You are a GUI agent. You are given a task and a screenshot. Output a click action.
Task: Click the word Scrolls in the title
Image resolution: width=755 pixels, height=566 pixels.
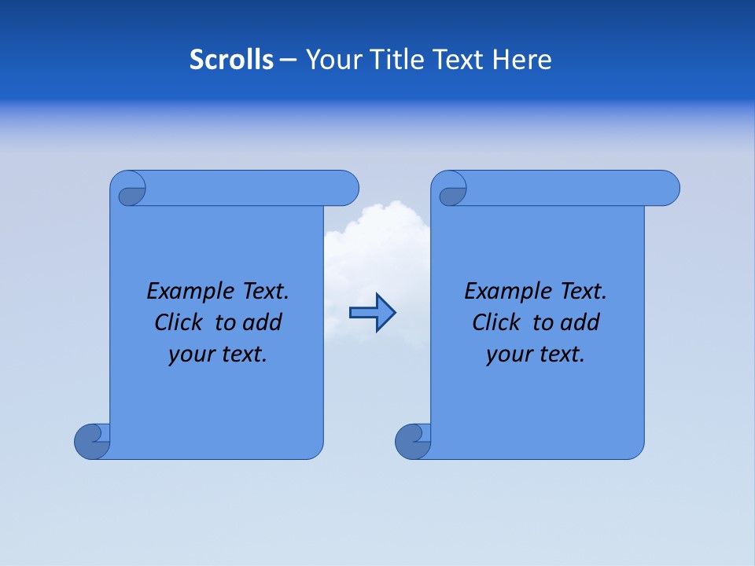232,60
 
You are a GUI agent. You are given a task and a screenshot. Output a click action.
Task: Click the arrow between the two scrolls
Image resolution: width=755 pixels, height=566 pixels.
372,313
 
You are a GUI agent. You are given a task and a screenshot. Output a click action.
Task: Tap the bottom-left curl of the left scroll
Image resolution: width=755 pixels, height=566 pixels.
91,441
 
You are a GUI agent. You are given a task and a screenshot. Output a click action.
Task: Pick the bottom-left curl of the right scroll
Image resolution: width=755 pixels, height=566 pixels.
412,441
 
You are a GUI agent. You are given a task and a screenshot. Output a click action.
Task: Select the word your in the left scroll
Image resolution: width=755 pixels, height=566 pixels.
190,355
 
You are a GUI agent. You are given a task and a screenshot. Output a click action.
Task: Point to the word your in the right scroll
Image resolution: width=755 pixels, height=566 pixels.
508,355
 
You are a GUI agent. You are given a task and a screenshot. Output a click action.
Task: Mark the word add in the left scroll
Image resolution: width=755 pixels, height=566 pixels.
263,323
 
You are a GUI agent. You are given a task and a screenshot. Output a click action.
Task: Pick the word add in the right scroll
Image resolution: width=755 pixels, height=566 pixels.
580,323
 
